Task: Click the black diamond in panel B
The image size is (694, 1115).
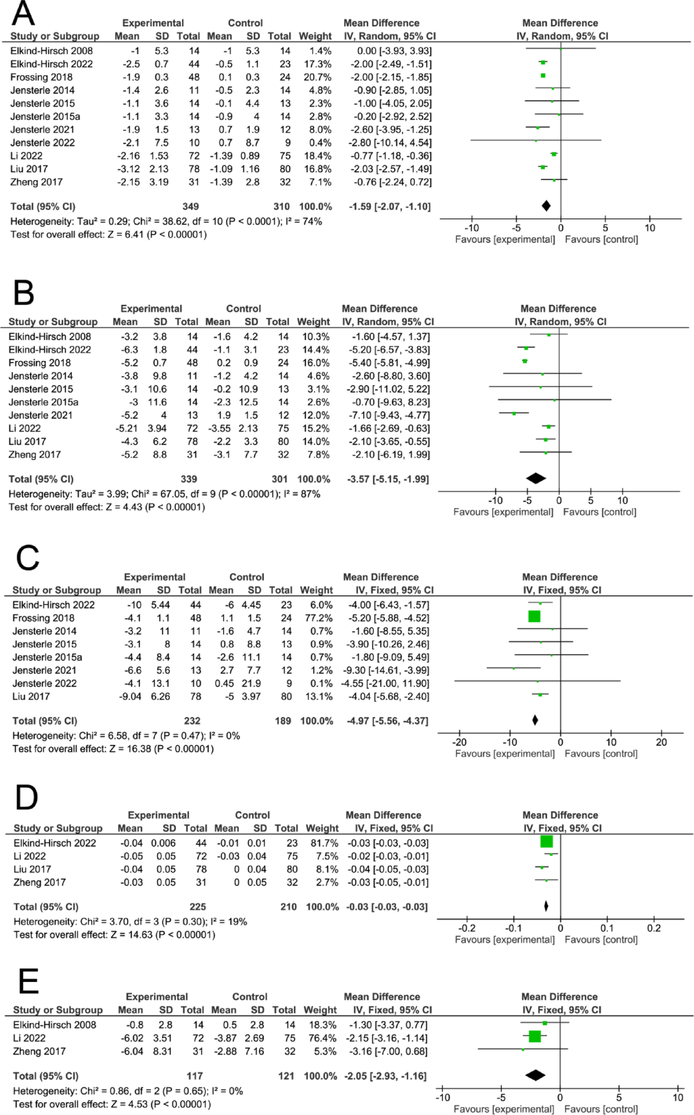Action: click(x=536, y=478)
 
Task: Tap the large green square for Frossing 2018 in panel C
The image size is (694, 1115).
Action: click(x=534, y=616)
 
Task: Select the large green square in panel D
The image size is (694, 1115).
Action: click(x=547, y=841)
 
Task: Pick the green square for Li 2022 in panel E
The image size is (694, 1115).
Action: click(x=535, y=1036)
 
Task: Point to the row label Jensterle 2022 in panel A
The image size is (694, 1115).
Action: click(x=42, y=143)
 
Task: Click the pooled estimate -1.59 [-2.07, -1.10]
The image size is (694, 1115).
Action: click(x=390, y=206)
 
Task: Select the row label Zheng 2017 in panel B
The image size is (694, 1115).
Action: click(x=35, y=455)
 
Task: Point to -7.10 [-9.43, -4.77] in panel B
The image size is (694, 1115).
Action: click(x=391, y=415)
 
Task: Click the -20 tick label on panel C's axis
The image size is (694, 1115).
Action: click(x=459, y=742)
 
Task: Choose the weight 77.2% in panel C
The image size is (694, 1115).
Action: click(x=318, y=618)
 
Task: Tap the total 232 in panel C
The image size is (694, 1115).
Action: click(x=192, y=721)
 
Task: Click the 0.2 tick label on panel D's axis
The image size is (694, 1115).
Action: click(x=654, y=928)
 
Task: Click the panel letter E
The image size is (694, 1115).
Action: click(x=28, y=981)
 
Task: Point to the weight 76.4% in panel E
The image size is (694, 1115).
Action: click(x=322, y=1038)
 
